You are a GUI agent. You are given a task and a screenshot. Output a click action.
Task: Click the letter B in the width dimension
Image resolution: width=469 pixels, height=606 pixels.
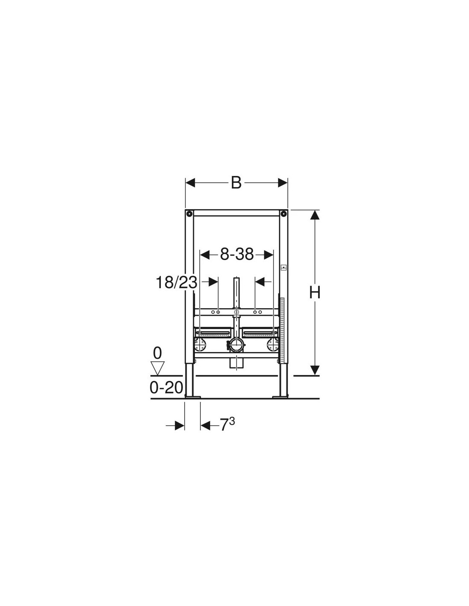pos(236,183)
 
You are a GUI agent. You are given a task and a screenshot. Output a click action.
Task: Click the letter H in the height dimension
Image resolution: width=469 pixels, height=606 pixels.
pos(314,293)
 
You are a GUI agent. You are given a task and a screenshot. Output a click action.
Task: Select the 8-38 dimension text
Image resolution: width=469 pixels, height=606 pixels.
pos(237,254)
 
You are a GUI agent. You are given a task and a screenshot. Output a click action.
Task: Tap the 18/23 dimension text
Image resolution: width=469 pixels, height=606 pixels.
pos(177,283)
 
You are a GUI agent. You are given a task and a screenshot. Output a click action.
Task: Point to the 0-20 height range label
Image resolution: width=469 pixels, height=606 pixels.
pos(166,387)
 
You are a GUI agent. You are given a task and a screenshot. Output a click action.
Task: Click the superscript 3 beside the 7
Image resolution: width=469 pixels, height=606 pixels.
pos(232,421)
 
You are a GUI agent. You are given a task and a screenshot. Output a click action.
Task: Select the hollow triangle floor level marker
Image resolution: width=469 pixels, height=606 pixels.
pos(158,368)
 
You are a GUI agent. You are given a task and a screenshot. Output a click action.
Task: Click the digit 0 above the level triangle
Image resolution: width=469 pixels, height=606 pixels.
pos(157,353)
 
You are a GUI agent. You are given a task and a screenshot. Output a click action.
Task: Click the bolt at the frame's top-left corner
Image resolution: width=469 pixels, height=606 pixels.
pos(189,214)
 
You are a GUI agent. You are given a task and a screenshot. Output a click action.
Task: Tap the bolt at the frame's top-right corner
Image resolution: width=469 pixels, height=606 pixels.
pos(284,214)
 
